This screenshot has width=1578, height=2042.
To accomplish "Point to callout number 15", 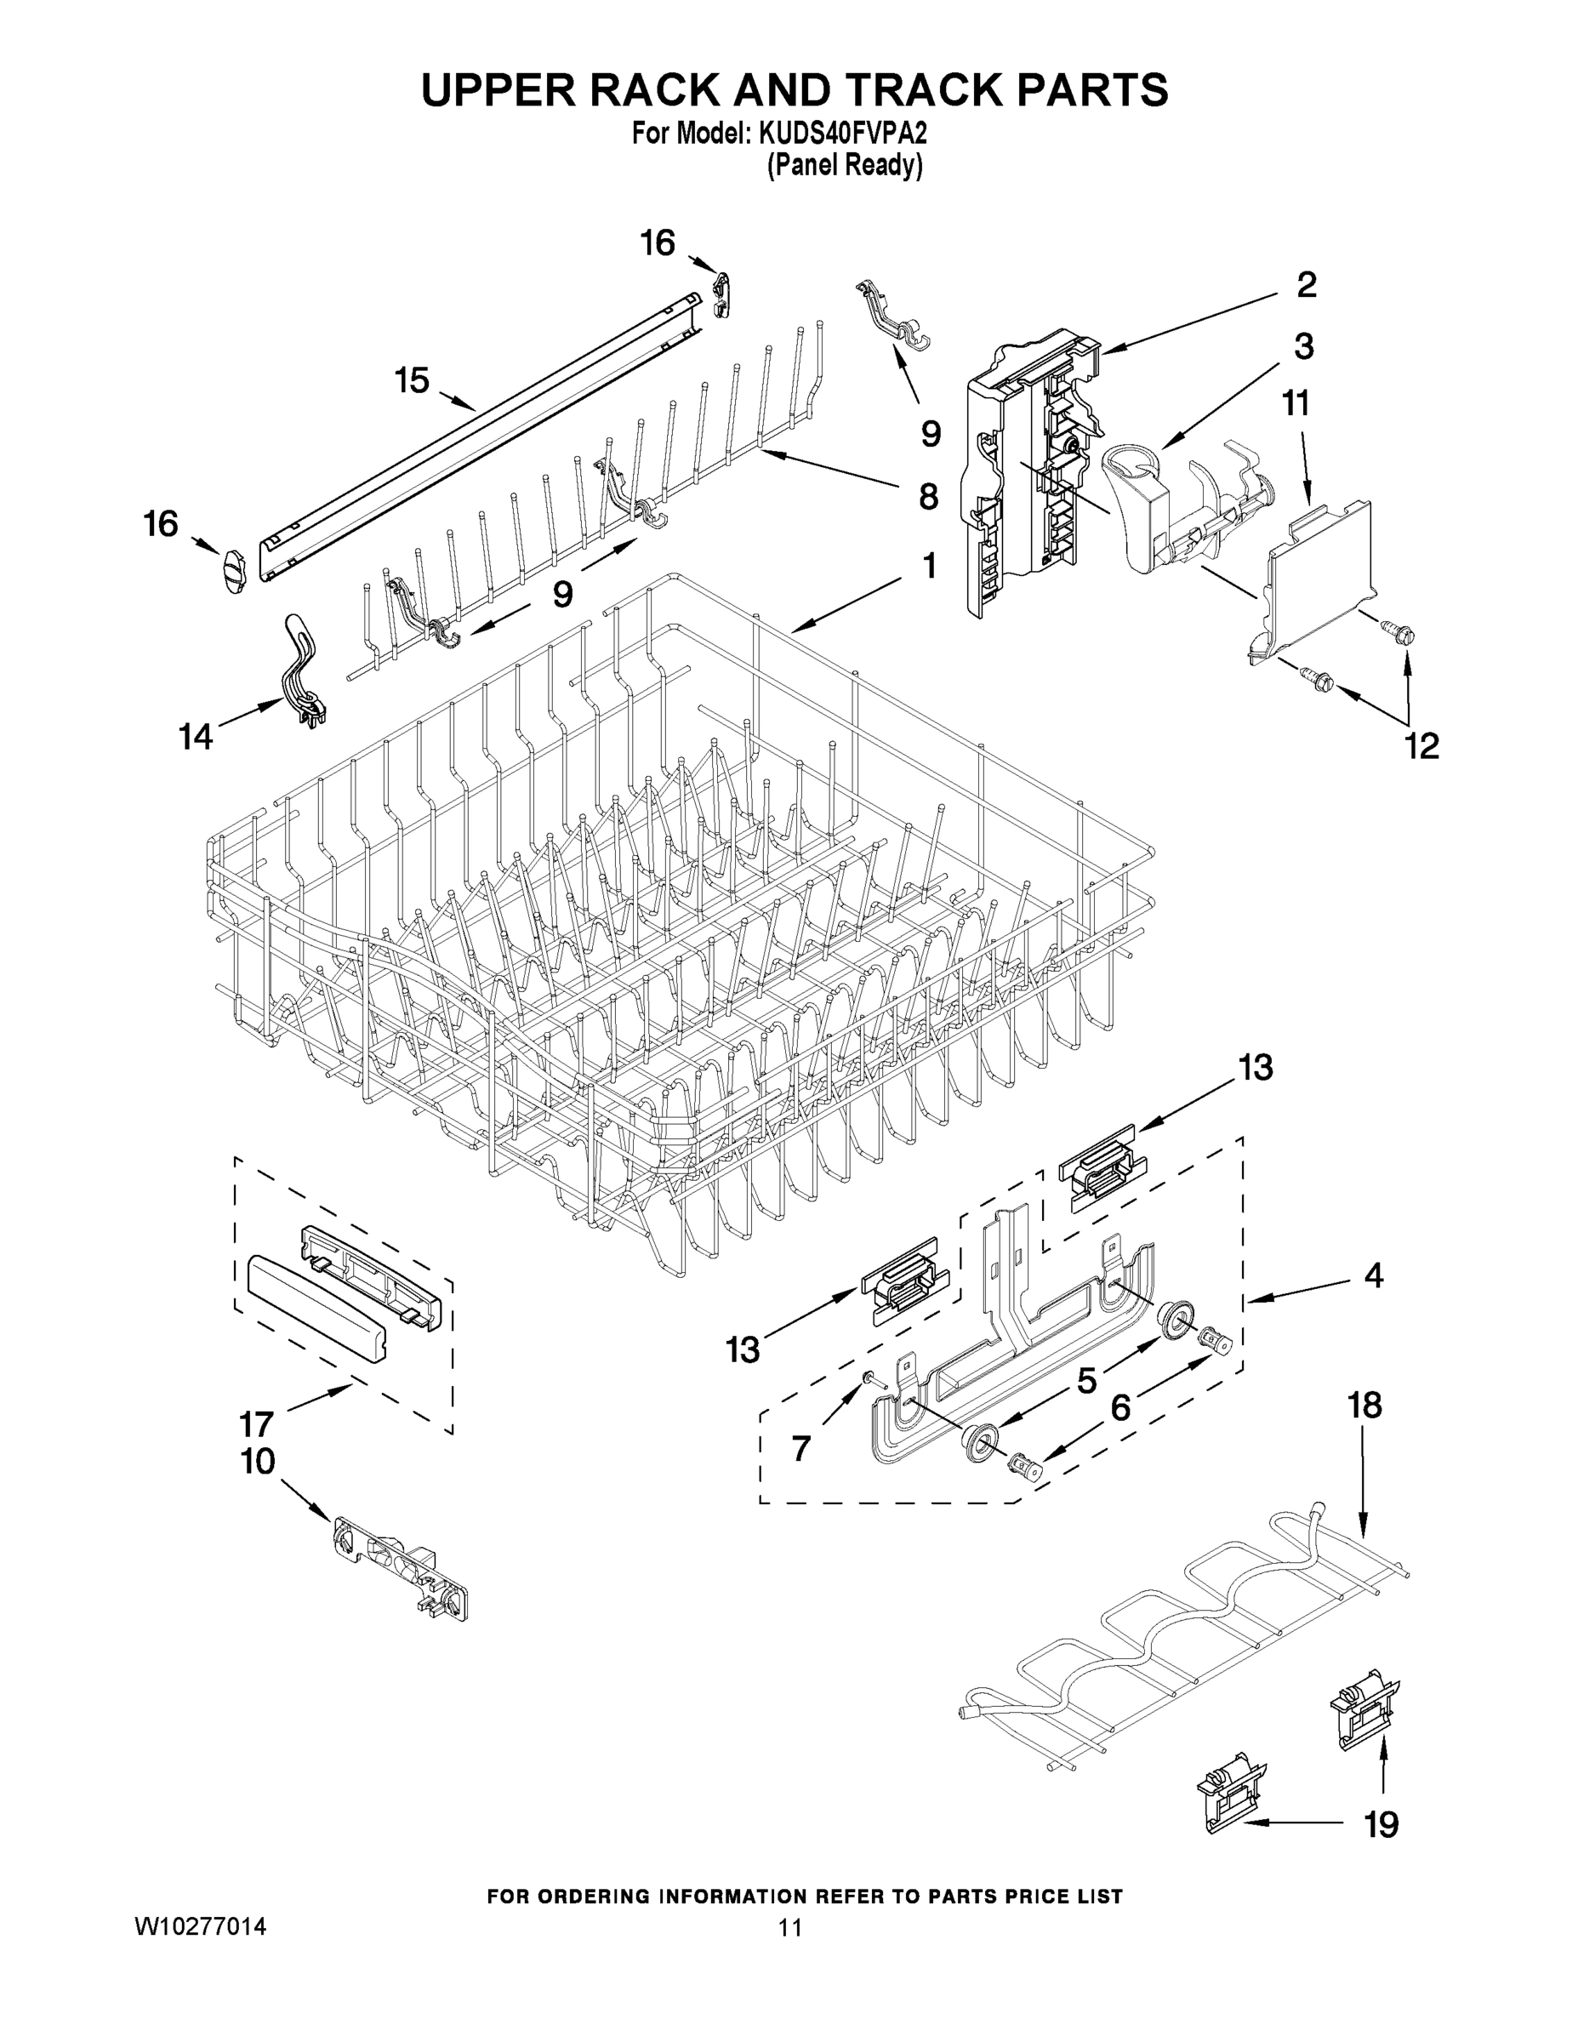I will click(x=412, y=380).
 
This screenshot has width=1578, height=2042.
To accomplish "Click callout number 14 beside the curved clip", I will click(x=197, y=737).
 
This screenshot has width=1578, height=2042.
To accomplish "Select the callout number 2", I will click(x=1306, y=284).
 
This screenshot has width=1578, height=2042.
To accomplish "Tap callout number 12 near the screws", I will click(x=1421, y=745).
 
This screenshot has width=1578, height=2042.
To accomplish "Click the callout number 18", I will click(x=1364, y=1431).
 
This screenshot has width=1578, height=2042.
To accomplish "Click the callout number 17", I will click(x=256, y=1424).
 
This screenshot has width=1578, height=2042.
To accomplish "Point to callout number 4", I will click(x=1373, y=1275).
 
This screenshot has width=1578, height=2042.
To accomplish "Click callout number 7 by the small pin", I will click(x=801, y=1448).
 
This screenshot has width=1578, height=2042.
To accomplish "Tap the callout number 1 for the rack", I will click(x=928, y=565).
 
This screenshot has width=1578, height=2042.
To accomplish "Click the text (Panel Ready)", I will click(x=844, y=167).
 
